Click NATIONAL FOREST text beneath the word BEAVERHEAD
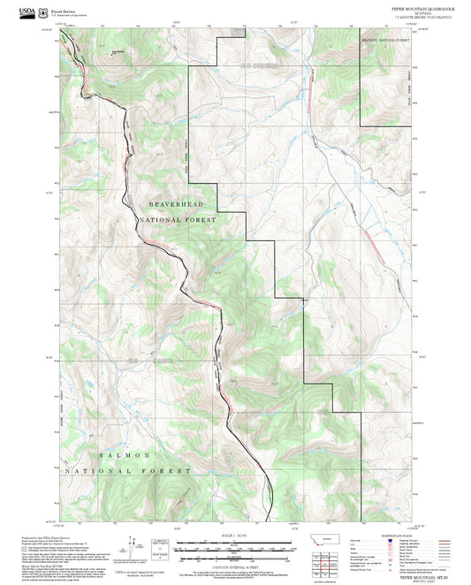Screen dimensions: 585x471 coord(176,221)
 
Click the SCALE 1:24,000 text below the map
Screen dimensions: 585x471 coord(235,535)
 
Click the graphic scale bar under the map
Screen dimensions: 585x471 coord(235,545)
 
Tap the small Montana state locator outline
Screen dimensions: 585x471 coord(330,539)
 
